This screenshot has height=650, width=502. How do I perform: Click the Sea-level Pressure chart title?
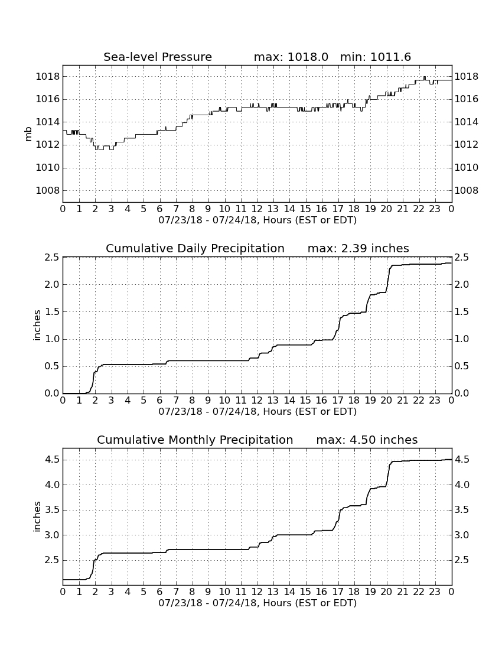(158, 57)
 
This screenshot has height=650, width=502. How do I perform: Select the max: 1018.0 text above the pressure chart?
(291, 57)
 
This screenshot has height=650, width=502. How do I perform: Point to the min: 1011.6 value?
(376, 57)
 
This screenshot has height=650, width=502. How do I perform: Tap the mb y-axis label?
(28, 134)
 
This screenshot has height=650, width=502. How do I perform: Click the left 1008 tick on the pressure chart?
(48, 191)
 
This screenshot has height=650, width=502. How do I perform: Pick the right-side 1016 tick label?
(467, 99)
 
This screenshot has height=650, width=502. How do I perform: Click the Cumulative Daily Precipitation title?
(195, 248)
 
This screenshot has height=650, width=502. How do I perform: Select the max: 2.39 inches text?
(358, 248)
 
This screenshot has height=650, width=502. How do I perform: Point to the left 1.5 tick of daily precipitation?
(53, 312)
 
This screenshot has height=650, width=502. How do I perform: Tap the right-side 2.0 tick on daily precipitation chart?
(462, 284)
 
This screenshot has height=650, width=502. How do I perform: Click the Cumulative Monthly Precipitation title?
(195, 440)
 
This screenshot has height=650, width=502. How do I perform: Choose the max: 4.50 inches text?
(367, 440)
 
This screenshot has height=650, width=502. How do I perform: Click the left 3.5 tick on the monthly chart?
(53, 510)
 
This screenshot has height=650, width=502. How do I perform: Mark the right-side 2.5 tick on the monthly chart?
(462, 560)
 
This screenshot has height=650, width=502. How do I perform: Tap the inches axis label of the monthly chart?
(37, 516)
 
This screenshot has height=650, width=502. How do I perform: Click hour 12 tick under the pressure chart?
(257, 209)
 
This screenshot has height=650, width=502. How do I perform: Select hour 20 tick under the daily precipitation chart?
(386, 400)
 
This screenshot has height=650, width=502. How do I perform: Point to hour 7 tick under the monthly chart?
(176, 591)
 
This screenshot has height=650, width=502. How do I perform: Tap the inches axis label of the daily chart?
(37, 326)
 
